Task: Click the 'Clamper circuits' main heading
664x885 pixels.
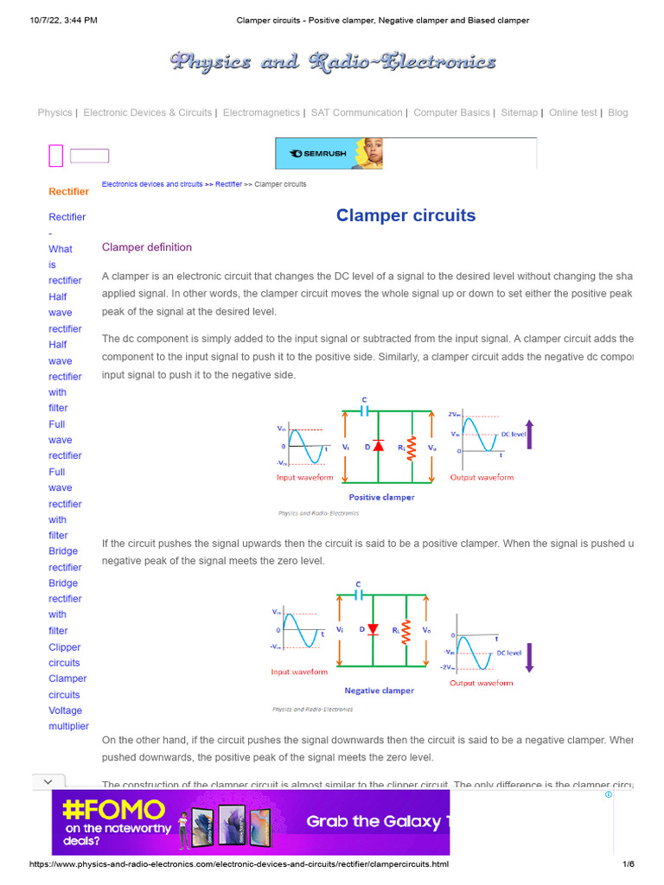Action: (405, 215)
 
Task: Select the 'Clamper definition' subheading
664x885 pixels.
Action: (147, 247)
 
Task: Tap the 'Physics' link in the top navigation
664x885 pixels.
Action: (55, 112)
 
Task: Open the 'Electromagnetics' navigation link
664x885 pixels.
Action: (261, 112)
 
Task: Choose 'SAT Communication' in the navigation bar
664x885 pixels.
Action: (356, 112)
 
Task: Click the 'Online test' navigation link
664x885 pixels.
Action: (572, 112)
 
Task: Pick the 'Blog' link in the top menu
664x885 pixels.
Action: (618, 112)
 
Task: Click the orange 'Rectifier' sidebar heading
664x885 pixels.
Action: (68, 191)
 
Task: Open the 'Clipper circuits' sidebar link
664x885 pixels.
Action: (65, 655)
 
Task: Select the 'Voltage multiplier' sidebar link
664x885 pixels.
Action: (68, 718)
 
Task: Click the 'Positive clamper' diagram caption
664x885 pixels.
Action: (381, 497)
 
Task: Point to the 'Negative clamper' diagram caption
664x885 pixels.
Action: (379, 691)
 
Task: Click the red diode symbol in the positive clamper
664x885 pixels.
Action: (378, 446)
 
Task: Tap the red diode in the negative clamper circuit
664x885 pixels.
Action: (373, 629)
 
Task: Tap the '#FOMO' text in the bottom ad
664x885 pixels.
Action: (114, 810)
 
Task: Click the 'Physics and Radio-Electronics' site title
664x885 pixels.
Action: (333, 61)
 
